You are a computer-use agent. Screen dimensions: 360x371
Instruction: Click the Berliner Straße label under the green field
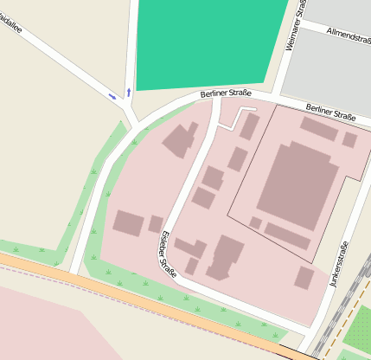point(226,93)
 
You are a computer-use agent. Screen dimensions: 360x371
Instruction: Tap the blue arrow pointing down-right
point(113,95)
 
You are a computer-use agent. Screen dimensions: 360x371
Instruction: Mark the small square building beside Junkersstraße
point(304,277)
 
